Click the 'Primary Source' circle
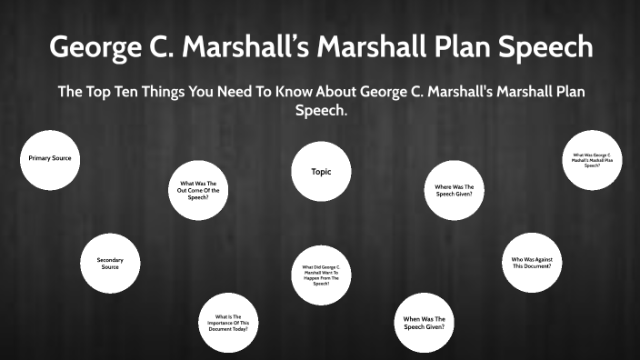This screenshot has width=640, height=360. coord(50,158)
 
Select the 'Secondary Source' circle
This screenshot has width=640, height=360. coord(110,264)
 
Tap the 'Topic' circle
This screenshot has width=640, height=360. coord(320,171)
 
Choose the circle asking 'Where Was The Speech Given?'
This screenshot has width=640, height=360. coord(454,190)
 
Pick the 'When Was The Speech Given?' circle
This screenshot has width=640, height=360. coord(425,323)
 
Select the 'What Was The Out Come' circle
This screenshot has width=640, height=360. coord(199,190)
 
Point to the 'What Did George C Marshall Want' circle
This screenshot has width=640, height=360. coord(321,275)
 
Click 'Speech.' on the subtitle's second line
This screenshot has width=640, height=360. coord(321,111)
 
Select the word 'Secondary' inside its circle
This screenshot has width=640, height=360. coord(110,260)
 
